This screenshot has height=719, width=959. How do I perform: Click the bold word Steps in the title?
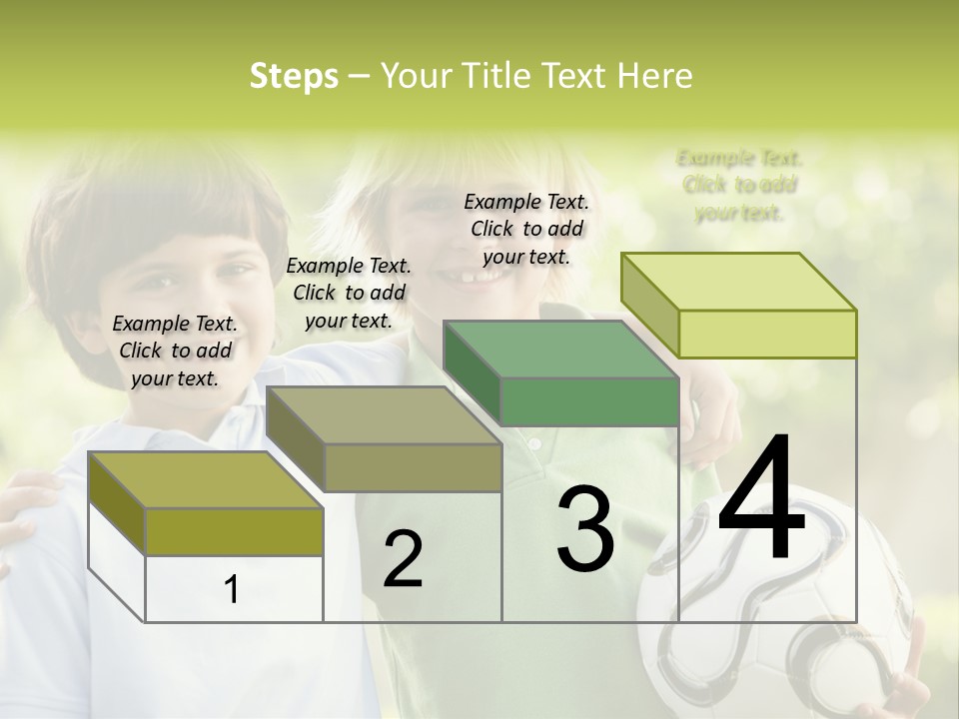tap(294, 76)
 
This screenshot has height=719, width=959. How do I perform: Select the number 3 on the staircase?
tap(584, 528)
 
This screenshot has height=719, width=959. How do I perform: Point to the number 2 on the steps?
tap(403, 559)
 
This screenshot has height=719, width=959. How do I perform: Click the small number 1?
tap(232, 589)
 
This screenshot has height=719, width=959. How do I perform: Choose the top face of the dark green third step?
tap(560, 350)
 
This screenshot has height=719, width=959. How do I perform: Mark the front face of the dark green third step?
tap(589, 401)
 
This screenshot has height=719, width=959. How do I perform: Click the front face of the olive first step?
tap(234, 531)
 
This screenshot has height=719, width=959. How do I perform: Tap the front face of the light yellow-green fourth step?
tap(767, 334)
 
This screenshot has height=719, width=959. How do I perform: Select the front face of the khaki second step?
tap(413, 467)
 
